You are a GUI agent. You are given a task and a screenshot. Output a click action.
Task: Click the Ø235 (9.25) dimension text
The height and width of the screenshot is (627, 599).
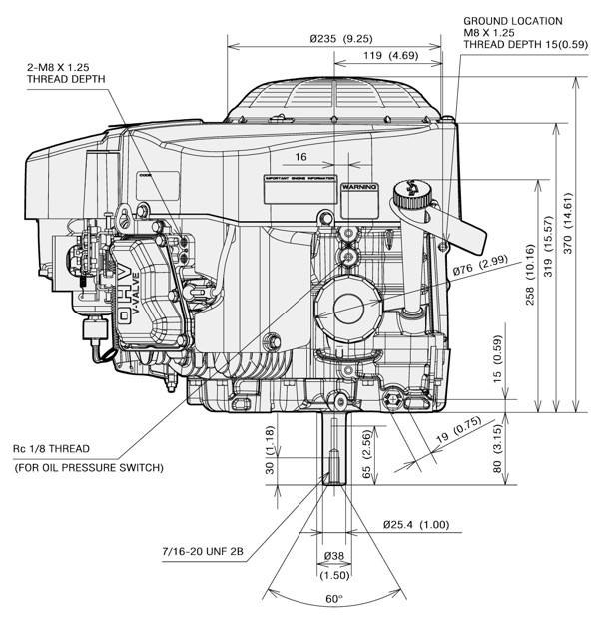(339, 39)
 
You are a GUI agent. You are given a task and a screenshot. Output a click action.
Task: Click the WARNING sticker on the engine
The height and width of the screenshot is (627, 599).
(358, 187)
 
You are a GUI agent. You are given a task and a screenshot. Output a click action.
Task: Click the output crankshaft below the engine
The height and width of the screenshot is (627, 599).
(333, 449)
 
